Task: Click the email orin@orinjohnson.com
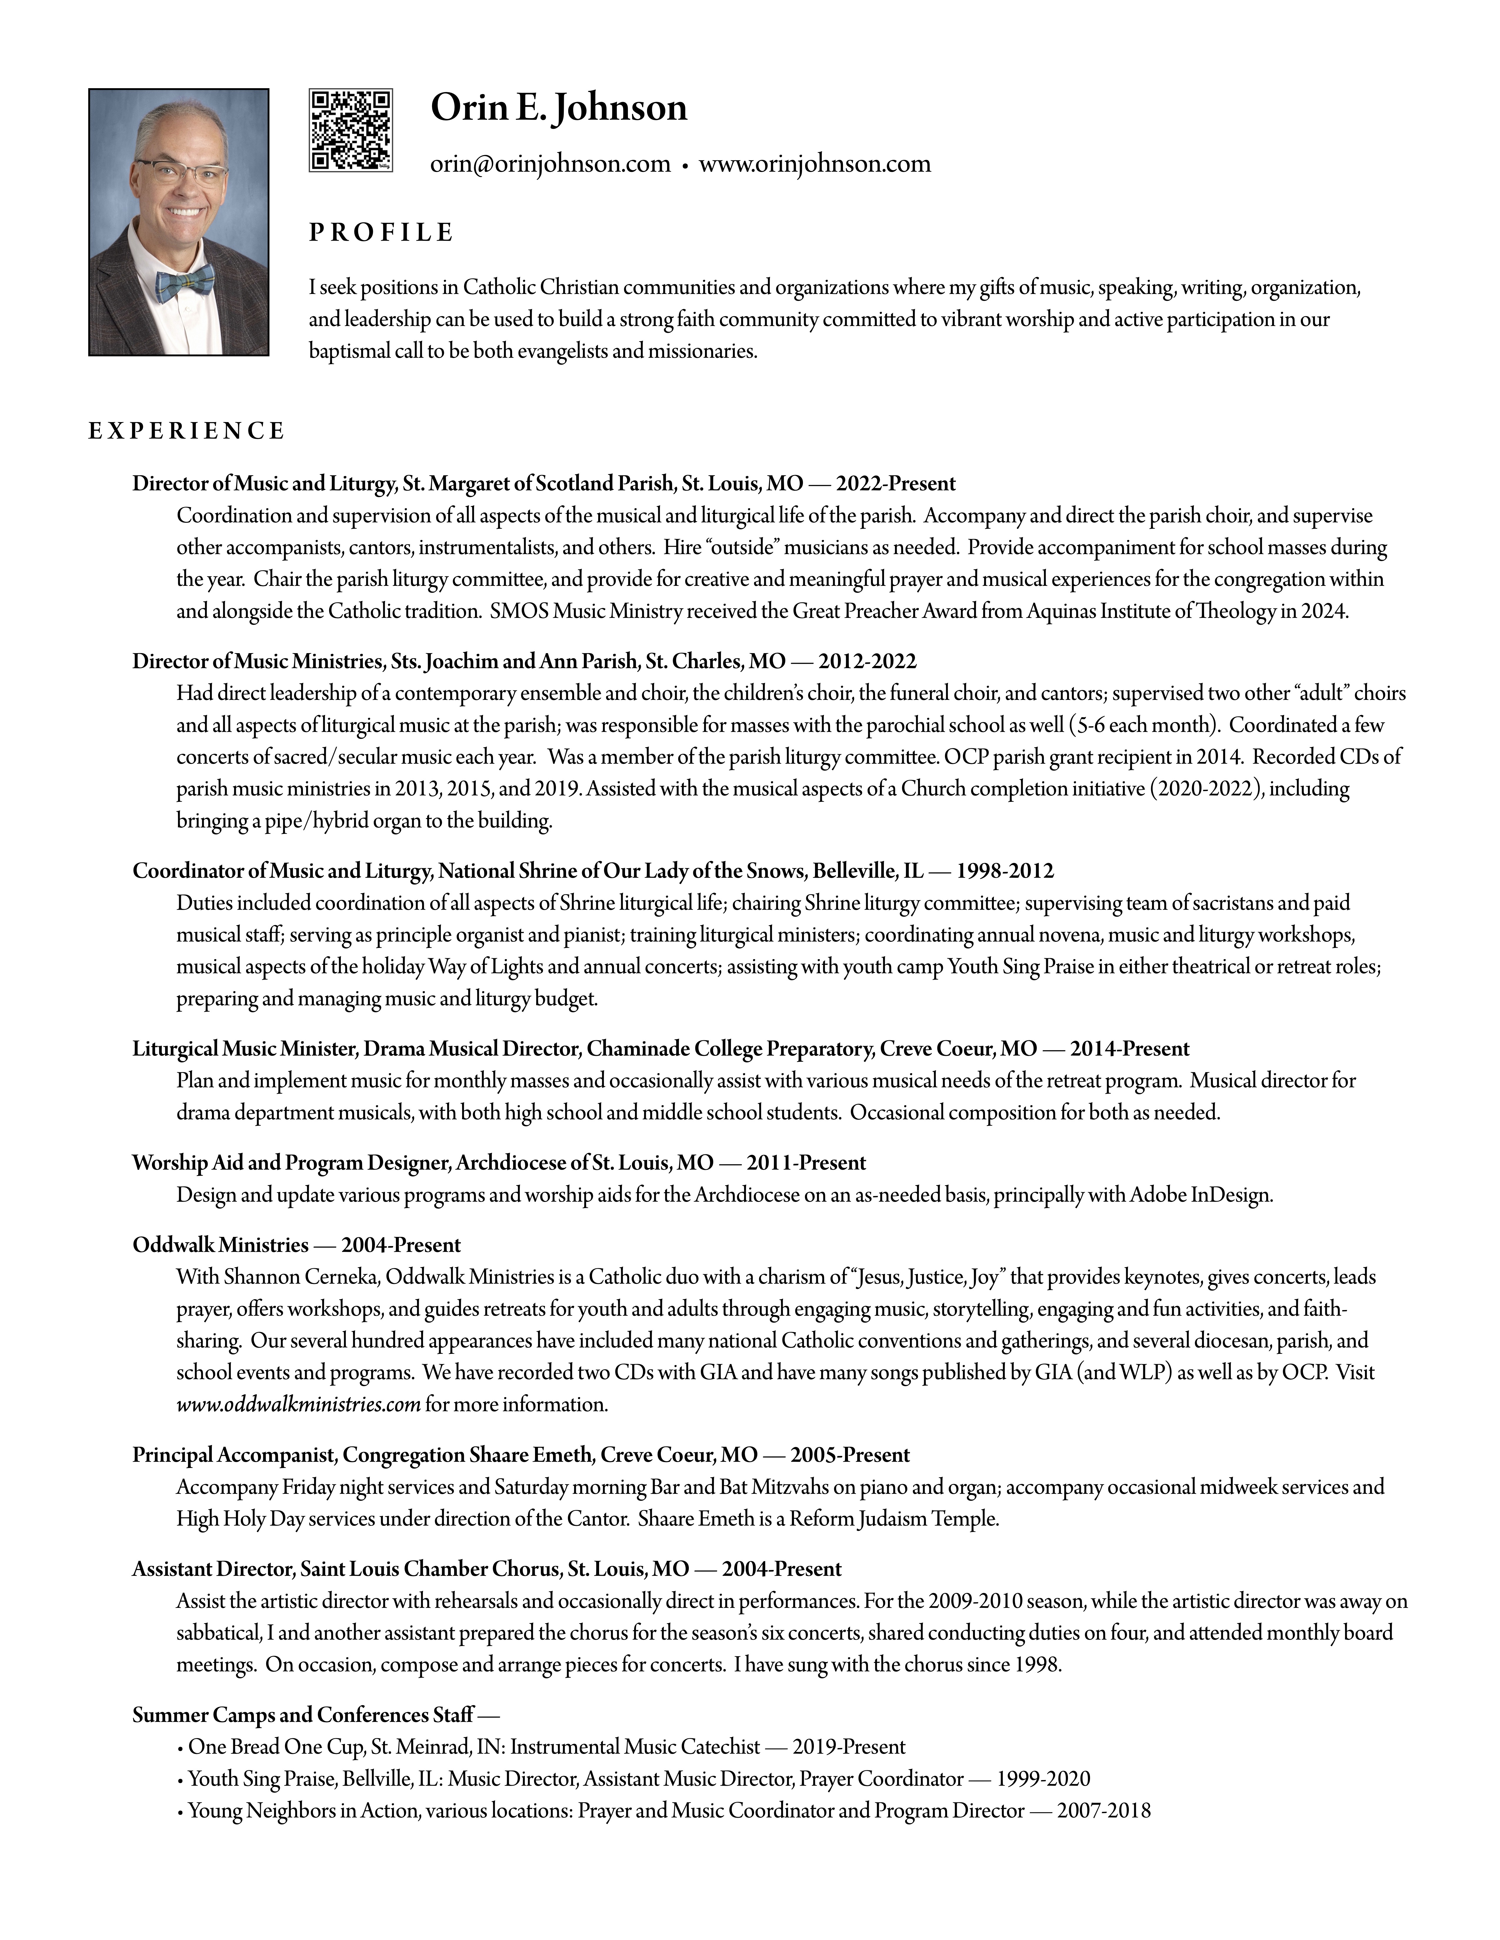(x=550, y=164)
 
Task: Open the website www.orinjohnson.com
(x=815, y=164)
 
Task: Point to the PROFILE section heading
(x=381, y=233)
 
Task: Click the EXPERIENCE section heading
(x=186, y=432)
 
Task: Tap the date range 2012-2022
(x=867, y=662)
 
